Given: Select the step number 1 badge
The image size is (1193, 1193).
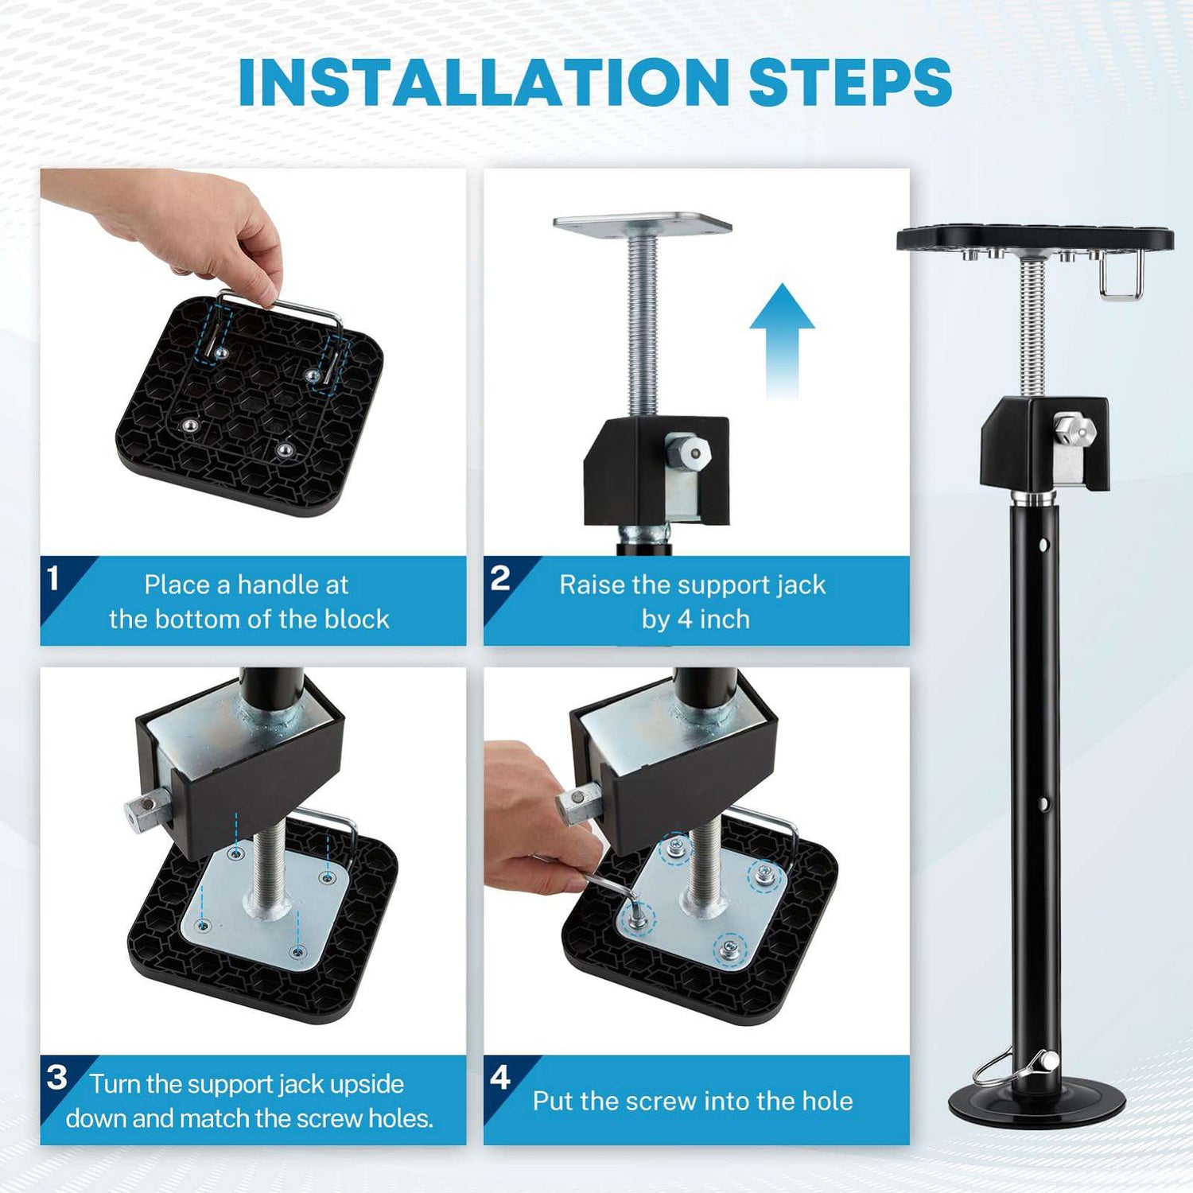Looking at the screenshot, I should pyautogui.click(x=54, y=578).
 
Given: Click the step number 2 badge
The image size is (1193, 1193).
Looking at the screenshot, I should pyautogui.click(x=499, y=578).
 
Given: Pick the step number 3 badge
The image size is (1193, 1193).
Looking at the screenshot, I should pyautogui.click(x=56, y=1078).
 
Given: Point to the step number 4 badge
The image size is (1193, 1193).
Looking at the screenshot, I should pyautogui.click(x=499, y=1078).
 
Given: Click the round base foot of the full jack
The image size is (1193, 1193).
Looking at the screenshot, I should pyautogui.click(x=1036, y=1102).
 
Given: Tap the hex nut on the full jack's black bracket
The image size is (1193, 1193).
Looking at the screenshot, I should pyautogui.click(x=1075, y=430).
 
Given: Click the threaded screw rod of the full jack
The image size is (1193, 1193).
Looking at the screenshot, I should pyautogui.click(x=1032, y=326).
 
